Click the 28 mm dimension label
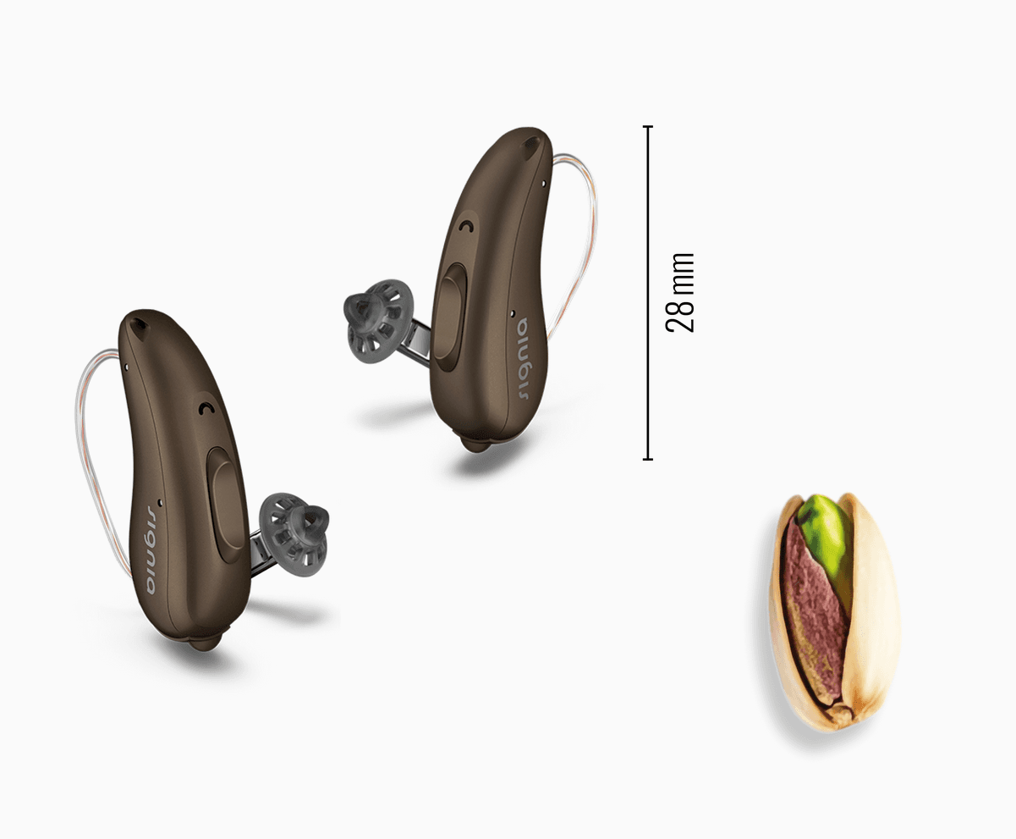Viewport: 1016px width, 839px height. pos(680,293)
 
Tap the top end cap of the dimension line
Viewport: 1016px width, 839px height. pos(648,126)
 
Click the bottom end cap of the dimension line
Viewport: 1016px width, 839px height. pos(648,459)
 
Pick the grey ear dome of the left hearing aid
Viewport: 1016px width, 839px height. pos(294,534)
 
